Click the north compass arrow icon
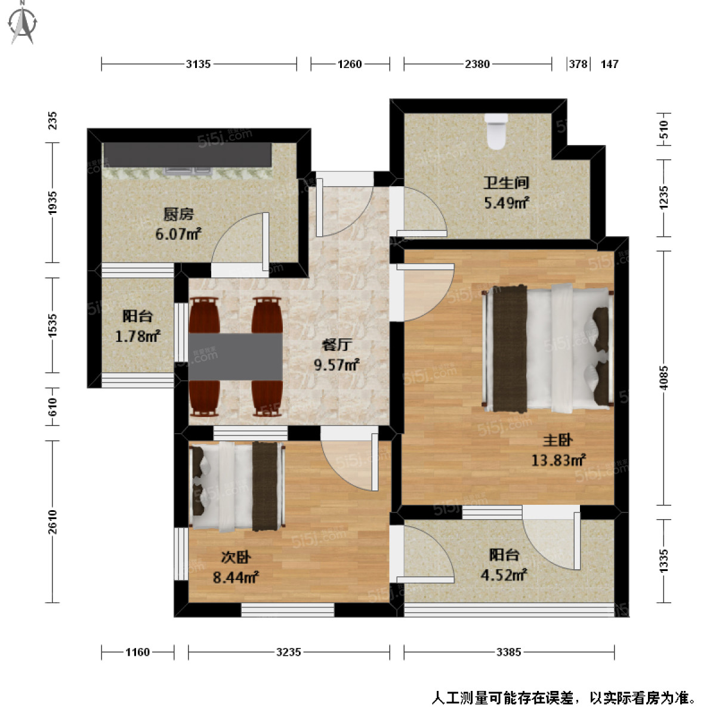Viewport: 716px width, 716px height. coord(23,22)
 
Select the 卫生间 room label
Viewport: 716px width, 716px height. coord(505,183)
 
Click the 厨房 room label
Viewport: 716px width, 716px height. coord(178,214)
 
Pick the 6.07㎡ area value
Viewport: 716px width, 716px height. coord(178,234)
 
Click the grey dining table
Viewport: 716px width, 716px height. coord(236,356)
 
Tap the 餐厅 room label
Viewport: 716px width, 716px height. coord(337,345)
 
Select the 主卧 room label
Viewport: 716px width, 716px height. coord(557,440)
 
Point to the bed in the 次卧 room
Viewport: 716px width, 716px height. coord(236,486)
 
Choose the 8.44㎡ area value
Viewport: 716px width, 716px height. coord(235,577)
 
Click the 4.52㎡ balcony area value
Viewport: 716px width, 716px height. coord(504,575)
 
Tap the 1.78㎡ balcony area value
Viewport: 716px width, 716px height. coord(137,337)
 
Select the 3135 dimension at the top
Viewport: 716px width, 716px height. coord(198,64)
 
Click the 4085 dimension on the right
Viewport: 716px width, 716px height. coord(664,378)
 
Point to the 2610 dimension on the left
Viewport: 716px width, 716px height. coord(53,522)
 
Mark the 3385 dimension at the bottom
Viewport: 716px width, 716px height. coord(508,652)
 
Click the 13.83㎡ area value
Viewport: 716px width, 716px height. coord(558,460)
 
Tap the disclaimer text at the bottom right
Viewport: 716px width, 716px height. coord(564,698)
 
